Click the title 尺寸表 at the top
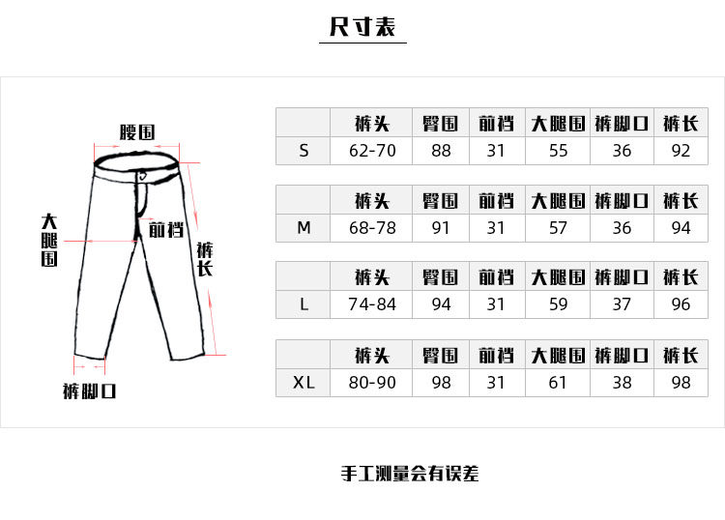(362, 27)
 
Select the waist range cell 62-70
(372, 151)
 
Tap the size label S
(304, 151)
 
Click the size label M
(304, 228)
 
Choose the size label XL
(304, 383)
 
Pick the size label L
(304, 304)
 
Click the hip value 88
(441, 151)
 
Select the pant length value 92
(681, 151)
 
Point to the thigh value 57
(558, 228)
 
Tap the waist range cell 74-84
(372, 304)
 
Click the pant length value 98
(681, 383)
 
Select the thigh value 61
(558, 383)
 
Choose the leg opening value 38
(622, 383)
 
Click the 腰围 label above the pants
(137, 132)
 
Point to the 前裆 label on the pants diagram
(165, 230)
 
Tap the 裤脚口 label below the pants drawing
(90, 391)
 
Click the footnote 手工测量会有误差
(410, 475)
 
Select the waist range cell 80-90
(372, 383)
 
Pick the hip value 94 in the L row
(441, 304)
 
